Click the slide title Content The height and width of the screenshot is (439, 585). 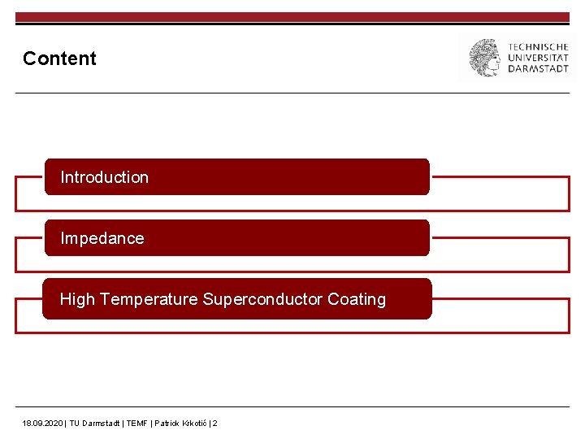(x=59, y=59)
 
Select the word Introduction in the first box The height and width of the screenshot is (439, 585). (x=104, y=177)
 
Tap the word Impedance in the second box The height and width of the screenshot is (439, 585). (x=102, y=238)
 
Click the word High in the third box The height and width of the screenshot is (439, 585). (x=77, y=299)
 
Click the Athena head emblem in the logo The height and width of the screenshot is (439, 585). (x=485, y=58)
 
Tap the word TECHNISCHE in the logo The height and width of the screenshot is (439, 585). (x=538, y=47)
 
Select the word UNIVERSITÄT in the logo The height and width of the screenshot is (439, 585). (x=538, y=58)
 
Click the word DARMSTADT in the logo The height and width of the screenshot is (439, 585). (x=538, y=68)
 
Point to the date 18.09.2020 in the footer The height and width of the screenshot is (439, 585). (x=42, y=424)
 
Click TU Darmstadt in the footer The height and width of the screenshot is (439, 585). (x=95, y=424)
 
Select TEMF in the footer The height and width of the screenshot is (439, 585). (x=136, y=424)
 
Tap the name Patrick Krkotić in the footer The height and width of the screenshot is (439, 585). (x=180, y=424)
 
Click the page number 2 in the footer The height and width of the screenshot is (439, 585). (x=214, y=424)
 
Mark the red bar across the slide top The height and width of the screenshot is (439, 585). (x=292, y=17)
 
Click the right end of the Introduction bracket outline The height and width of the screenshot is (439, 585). (x=569, y=194)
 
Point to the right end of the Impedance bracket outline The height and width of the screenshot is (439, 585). (x=569, y=255)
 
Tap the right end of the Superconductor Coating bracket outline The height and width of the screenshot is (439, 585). (x=569, y=316)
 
